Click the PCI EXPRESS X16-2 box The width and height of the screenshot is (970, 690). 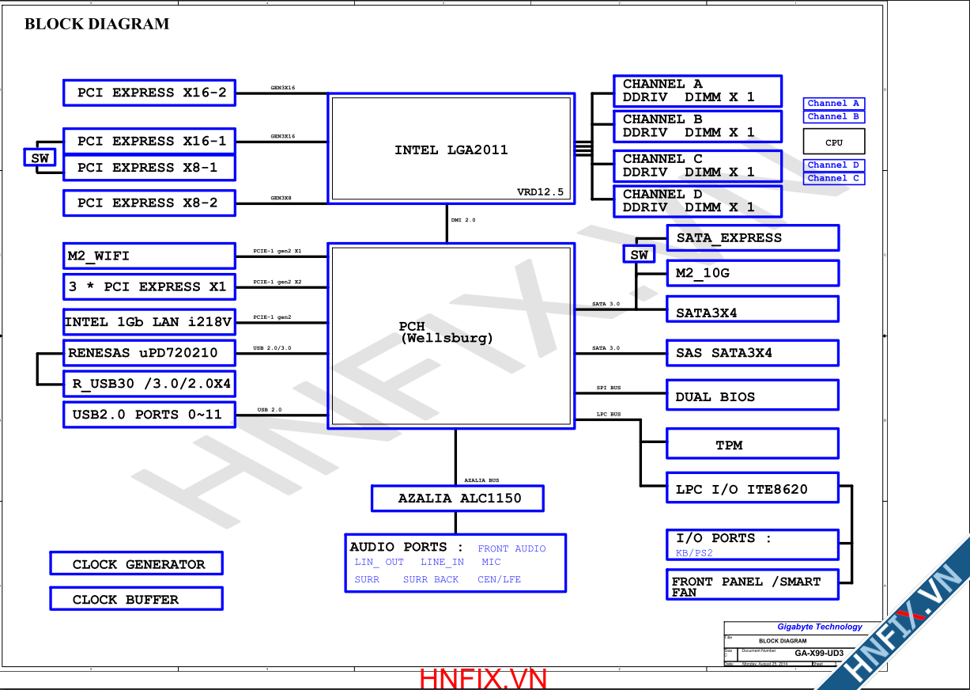[x=149, y=93]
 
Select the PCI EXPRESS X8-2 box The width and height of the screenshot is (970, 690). [x=149, y=203]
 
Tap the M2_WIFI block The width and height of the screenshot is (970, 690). [x=149, y=256]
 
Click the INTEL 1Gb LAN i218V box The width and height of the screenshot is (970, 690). [x=149, y=322]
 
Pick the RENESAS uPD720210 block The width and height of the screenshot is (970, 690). [x=149, y=353]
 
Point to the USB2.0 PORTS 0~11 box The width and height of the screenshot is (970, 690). [x=149, y=415]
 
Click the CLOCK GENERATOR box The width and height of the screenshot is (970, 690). [x=136, y=564]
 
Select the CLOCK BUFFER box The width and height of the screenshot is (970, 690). [x=136, y=599]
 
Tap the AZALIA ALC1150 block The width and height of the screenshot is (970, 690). [x=458, y=499]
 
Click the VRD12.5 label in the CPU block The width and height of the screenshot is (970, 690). [x=541, y=192]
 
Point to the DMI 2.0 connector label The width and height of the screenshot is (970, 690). [x=463, y=220]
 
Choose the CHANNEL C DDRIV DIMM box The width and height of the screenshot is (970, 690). [x=697, y=165]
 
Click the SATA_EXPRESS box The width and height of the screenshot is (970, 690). [x=752, y=237]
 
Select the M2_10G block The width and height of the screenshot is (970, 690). [x=752, y=273]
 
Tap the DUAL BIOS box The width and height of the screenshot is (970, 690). [x=752, y=396]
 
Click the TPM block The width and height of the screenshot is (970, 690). [x=752, y=445]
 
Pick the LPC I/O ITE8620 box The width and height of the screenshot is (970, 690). [x=752, y=489]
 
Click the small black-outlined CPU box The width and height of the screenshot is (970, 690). [x=834, y=142]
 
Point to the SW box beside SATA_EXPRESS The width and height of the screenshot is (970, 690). [x=639, y=255]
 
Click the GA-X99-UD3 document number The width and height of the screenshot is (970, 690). [x=819, y=654]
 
